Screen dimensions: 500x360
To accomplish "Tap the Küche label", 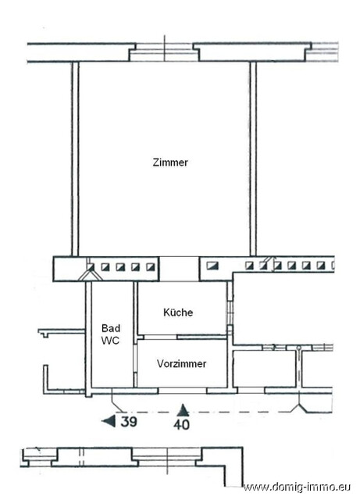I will [178, 312].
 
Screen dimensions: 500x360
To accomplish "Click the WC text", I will [109, 342].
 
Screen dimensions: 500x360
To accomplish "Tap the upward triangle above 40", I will [183, 409].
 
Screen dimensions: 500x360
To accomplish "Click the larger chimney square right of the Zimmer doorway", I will [212, 267].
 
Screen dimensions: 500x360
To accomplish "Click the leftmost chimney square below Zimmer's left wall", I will [92, 267].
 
